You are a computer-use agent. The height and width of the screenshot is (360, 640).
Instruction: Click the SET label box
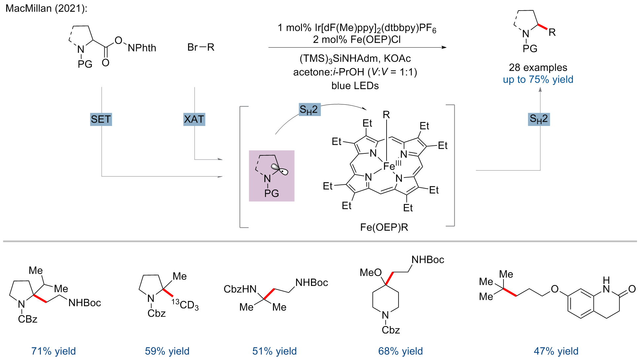coord(101,119)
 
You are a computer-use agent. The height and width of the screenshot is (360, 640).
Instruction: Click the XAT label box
coord(194,119)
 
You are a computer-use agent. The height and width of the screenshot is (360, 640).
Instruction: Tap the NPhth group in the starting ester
coord(142,48)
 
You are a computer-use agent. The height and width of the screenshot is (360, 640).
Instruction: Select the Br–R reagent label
coord(201,47)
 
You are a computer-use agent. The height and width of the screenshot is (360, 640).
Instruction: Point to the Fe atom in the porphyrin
coord(389,166)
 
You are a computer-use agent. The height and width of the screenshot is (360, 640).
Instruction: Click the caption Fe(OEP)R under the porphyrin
coord(384,227)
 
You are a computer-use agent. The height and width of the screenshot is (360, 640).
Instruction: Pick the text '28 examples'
coord(538,67)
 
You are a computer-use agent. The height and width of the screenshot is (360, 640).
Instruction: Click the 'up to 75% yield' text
coord(538,80)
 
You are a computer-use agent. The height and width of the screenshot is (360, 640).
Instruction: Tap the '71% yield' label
coord(54,351)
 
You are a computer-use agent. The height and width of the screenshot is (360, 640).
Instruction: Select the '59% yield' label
coord(167,351)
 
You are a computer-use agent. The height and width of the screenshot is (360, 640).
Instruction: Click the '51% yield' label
coord(275,351)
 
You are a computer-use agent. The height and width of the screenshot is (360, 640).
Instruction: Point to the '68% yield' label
coord(400,351)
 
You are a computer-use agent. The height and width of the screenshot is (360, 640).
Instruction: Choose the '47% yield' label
coord(556,351)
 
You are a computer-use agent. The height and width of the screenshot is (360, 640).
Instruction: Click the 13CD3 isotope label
coord(185,304)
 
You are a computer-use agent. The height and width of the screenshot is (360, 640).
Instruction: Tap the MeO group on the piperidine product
coord(371,273)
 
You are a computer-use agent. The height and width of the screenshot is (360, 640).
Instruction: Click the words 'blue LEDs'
coord(355,86)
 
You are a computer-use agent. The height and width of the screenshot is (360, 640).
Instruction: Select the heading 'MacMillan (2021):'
coord(47,8)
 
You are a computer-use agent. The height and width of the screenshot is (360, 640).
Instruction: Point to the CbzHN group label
coord(240,289)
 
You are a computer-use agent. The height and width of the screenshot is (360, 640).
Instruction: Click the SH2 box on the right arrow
coord(539,119)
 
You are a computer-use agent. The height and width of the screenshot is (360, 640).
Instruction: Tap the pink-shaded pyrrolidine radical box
coord(272,176)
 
